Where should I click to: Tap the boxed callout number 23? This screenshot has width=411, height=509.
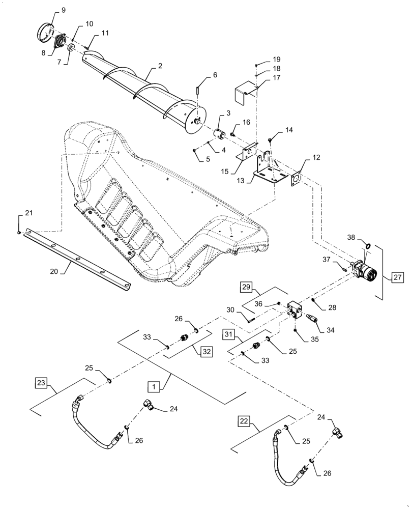coord(42,382)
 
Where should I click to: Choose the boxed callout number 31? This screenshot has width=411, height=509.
coord(229,334)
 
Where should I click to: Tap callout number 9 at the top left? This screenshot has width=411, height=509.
coord(63,10)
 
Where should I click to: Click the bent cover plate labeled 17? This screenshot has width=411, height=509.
coord(245,94)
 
